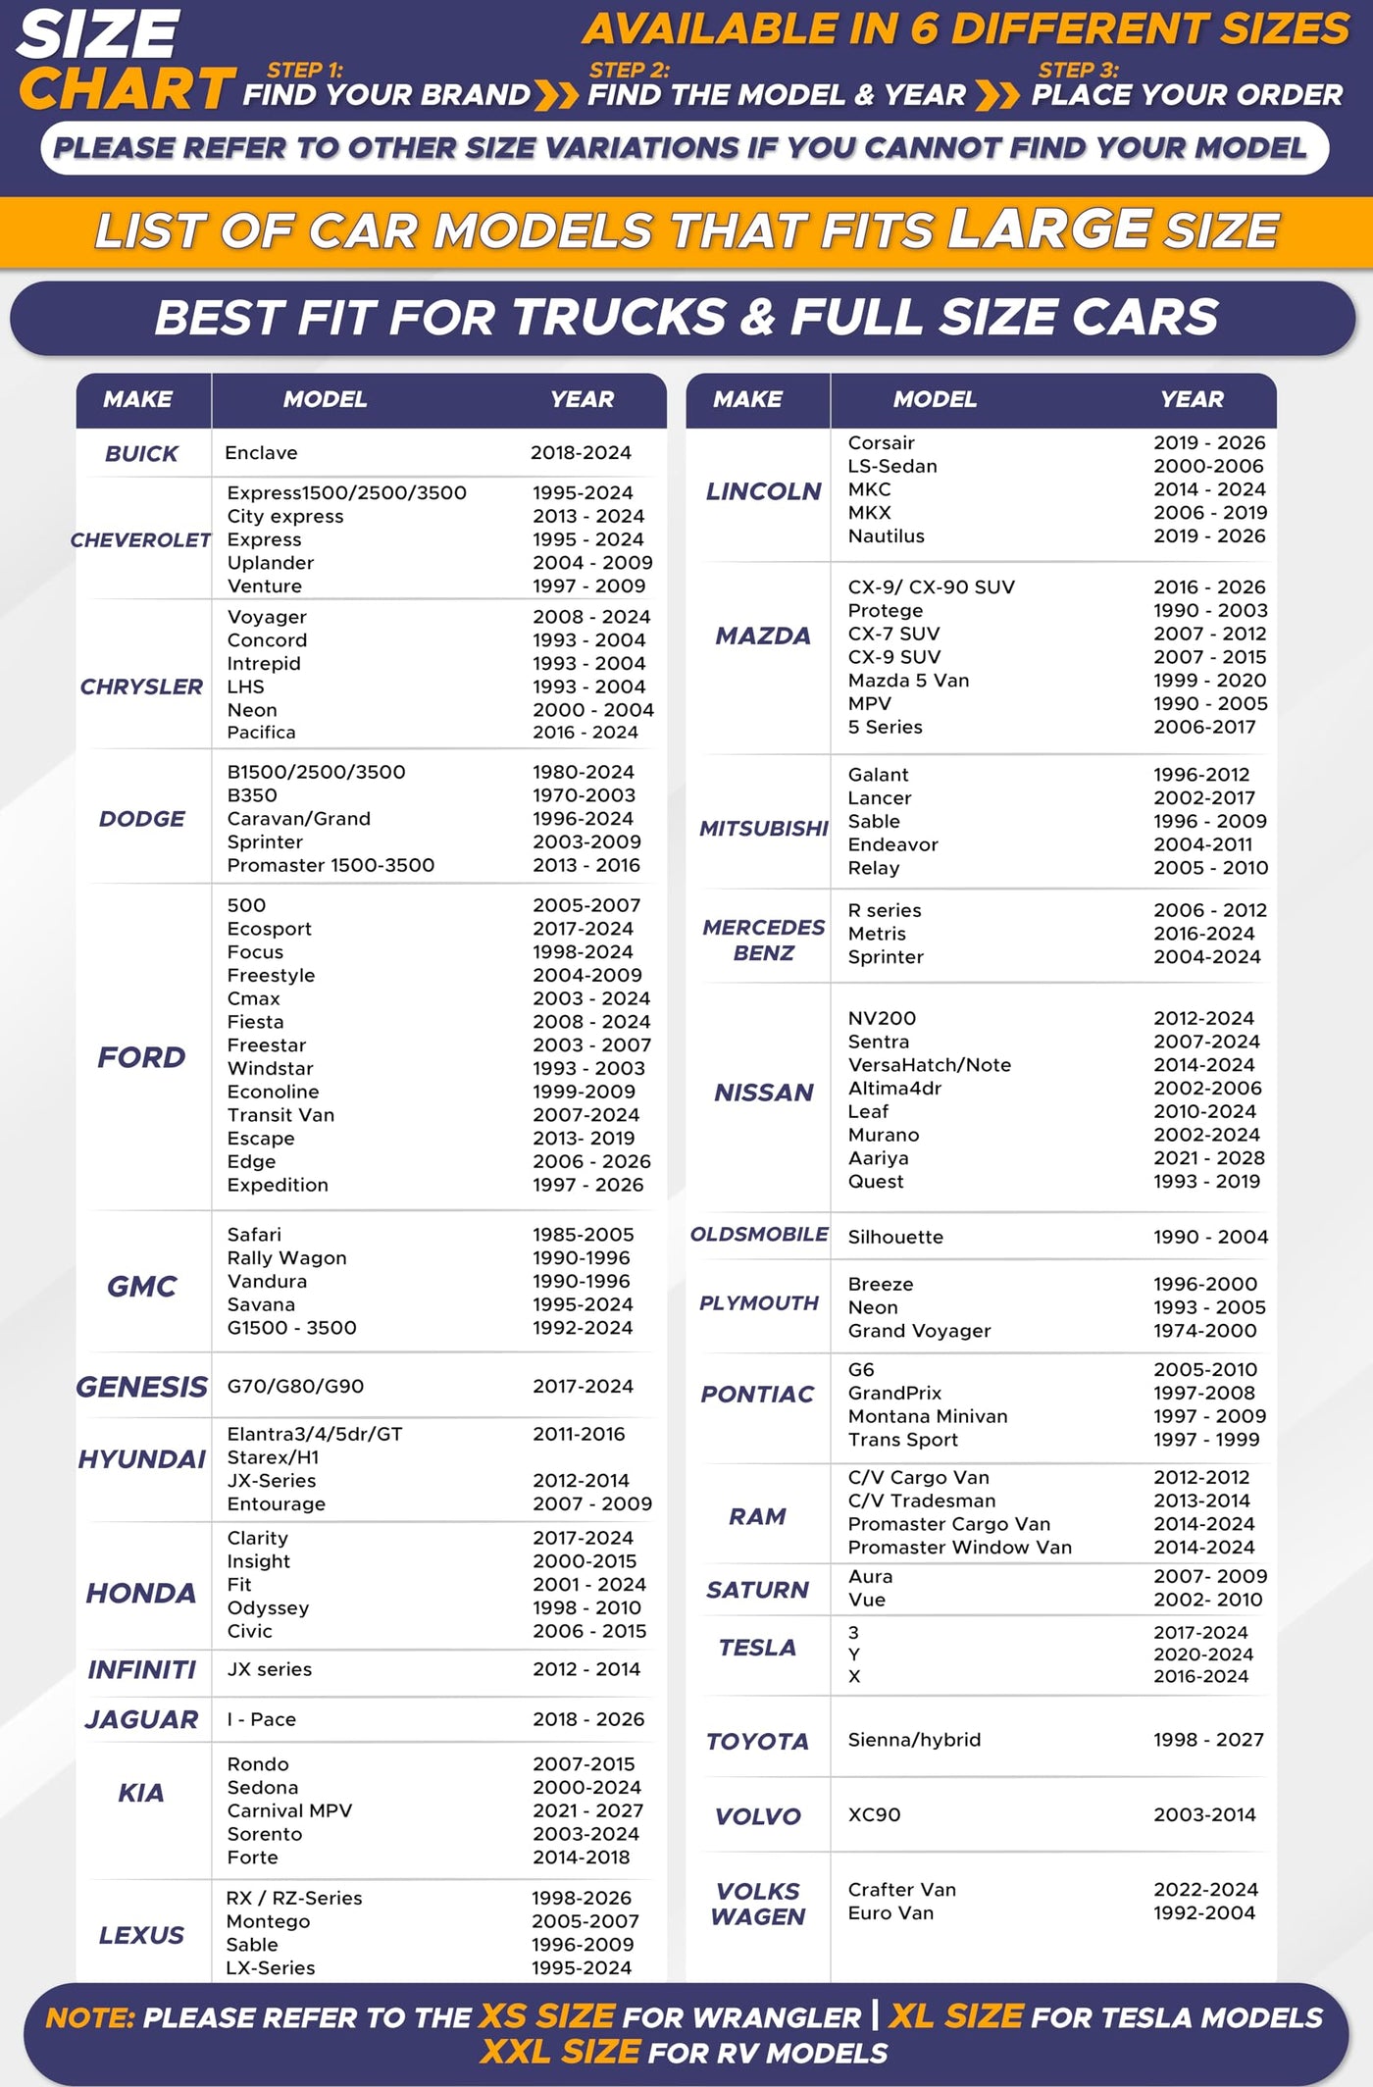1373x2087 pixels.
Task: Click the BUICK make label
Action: (141, 454)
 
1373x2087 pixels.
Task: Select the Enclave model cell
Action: (261, 453)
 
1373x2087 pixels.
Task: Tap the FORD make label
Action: (141, 1057)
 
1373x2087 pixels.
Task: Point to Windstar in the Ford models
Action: (271, 1068)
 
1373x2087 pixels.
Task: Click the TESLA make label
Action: (757, 1648)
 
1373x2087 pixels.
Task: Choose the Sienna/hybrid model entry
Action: (914, 1740)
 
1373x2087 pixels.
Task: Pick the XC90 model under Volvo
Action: (874, 1815)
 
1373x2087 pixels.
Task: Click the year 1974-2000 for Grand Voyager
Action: (1204, 1331)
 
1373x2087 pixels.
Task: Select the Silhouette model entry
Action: (895, 1238)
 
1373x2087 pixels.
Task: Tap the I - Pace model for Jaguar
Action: (261, 1719)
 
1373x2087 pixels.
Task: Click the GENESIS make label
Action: (142, 1387)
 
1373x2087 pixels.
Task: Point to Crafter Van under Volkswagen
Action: (901, 1890)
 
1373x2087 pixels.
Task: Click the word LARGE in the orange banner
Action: (1049, 229)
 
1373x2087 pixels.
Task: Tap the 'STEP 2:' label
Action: (629, 71)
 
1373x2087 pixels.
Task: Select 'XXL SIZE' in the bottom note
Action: (560, 2052)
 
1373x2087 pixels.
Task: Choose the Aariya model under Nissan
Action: (878, 1158)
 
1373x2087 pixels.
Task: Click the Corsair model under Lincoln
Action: (881, 443)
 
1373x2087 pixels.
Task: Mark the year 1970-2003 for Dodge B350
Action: (584, 795)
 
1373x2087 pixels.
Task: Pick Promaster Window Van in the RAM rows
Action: (959, 1548)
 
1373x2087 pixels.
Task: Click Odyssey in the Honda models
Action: (268, 1608)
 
